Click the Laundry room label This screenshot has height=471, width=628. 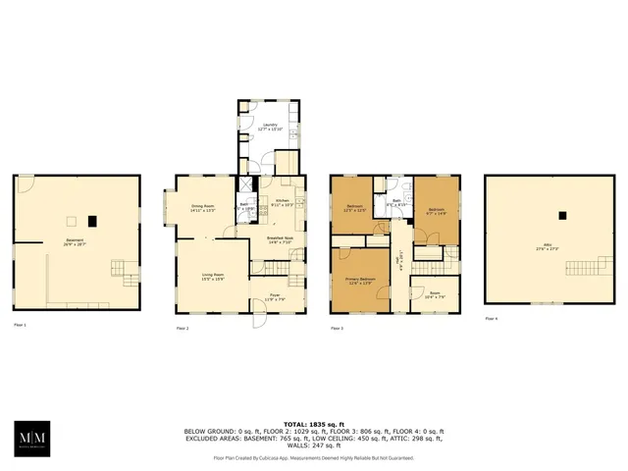point(268,127)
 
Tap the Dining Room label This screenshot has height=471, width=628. point(203,208)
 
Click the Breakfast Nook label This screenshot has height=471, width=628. point(281,241)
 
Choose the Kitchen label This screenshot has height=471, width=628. point(282,201)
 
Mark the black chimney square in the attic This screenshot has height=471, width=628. point(561,216)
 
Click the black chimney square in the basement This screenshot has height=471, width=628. point(92,220)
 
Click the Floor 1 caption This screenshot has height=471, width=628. point(20,325)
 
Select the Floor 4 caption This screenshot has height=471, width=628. point(493,319)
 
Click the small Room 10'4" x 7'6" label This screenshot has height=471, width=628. point(435,294)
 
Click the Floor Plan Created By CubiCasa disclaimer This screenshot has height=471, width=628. point(314,458)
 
